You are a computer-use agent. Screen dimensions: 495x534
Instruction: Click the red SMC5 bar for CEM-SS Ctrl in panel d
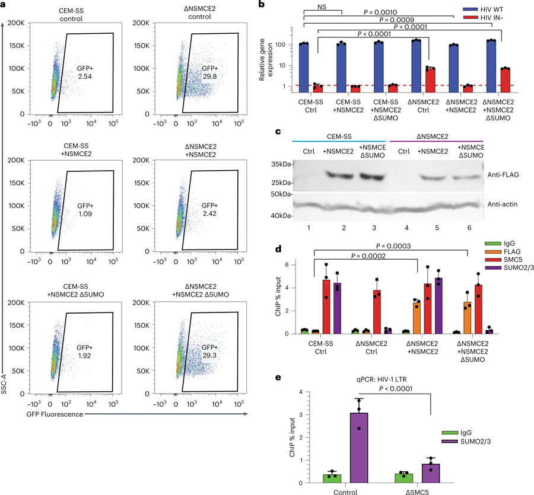(326, 306)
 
